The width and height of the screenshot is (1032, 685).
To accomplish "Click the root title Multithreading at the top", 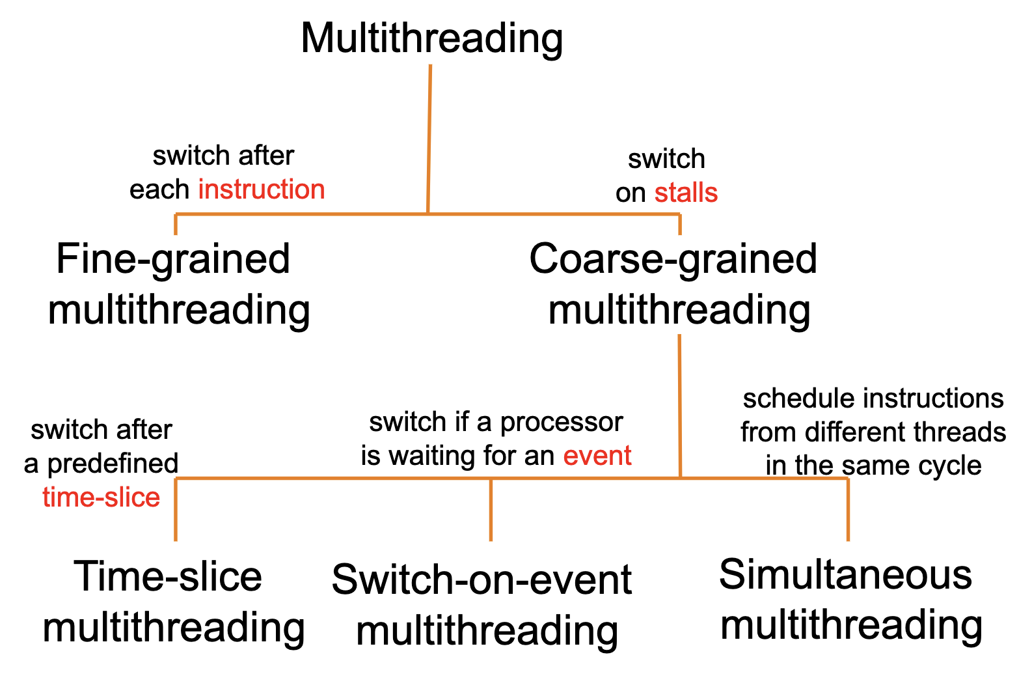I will pyautogui.click(x=431, y=38).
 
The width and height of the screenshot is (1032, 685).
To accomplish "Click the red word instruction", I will pyautogui.click(x=261, y=189).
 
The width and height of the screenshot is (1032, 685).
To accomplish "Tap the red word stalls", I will pyautogui.click(x=686, y=193).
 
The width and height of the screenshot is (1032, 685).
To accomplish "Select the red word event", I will pyautogui.click(x=597, y=455).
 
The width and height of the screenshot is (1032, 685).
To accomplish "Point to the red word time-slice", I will pyautogui.click(x=101, y=497).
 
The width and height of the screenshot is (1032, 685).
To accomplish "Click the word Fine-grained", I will pyautogui.click(x=173, y=259).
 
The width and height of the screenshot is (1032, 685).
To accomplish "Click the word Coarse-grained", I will pyautogui.click(x=673, y=259).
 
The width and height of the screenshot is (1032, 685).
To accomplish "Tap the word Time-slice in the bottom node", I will pyautogui.click(x=168, y=576).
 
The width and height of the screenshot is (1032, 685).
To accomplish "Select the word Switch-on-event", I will pyautogui.click(x=481, y=580).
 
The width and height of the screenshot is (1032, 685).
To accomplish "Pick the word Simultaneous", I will pyautogui.click(x=845, y=575).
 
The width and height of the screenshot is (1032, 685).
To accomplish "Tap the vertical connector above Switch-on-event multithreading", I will pyautogui.click(x=491, y=509).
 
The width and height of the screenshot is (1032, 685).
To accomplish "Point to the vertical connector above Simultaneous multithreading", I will pyautogui.click(x=848, y=509).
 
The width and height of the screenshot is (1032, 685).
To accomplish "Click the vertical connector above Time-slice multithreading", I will pyautogui.click(x=176, y=509).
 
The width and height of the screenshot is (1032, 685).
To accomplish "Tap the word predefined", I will pyautogui.click(x=113, y=464).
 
